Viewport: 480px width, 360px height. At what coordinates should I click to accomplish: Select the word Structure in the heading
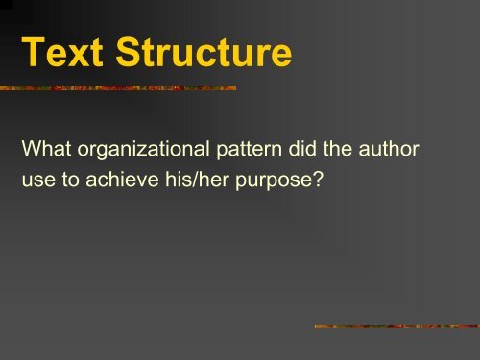(195, 54)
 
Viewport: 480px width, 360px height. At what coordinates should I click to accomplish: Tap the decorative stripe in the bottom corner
(396, 327)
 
